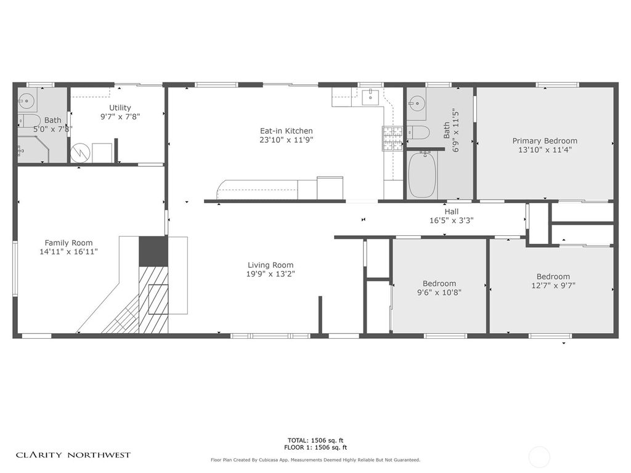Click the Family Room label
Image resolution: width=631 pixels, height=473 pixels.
click(68, 243)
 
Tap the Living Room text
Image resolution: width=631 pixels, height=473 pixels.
click(271, 265)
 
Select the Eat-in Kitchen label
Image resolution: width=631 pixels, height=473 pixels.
click(286, 131)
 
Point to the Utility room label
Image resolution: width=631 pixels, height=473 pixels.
click(120, 108)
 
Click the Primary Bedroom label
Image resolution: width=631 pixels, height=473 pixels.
click(545, 141)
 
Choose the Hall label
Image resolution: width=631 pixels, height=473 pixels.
click(451, 211)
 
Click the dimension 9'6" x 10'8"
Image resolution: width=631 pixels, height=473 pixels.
click(439, 293)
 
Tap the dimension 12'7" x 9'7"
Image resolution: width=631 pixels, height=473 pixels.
click(553, 285)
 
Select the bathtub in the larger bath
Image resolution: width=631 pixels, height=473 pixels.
click(422, 174)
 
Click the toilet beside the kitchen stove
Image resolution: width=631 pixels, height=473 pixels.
click(418, 131)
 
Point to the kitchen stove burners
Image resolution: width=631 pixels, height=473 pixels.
click(392, 139)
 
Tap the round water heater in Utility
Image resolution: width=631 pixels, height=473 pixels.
click(81, 153)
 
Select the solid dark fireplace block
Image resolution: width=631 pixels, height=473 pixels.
click(153, 251)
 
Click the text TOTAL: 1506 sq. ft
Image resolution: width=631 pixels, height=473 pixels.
click(315, 440)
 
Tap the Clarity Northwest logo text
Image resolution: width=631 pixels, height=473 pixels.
click(73, 455)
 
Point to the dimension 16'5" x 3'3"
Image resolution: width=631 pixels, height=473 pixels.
click(451, 220)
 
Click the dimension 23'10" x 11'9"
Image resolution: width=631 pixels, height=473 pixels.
click(286, 140)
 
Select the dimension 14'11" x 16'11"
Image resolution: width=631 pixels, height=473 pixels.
click(68, 251)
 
